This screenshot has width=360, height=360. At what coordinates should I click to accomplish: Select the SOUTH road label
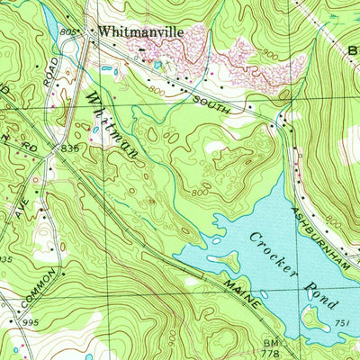coord(212,104)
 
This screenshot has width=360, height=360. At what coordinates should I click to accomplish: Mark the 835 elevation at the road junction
coord(70,147)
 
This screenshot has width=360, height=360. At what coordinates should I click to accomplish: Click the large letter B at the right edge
coord(352,50)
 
